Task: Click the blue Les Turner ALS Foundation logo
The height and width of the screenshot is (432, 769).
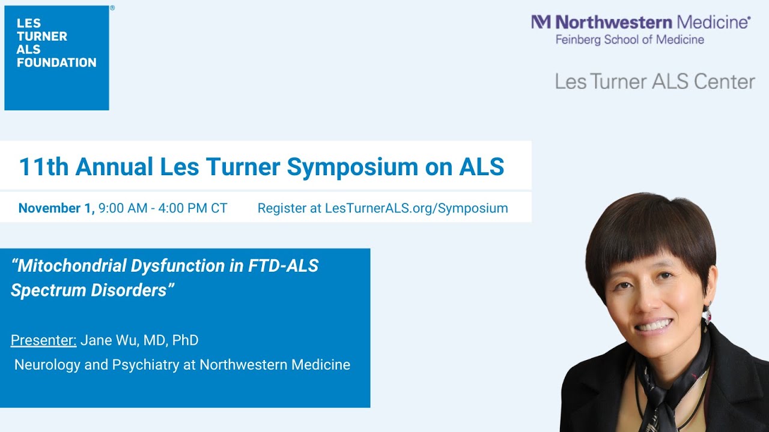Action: pos(56,58)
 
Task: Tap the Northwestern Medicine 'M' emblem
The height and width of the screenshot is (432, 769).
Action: pos(541,23)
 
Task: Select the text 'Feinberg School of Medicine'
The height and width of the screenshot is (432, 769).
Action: pos(630,40)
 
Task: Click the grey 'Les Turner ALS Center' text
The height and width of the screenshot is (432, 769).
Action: pos(655,82)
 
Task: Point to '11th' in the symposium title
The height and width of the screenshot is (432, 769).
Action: pos(44,167)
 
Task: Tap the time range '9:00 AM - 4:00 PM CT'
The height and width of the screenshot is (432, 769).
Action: pos(163,208)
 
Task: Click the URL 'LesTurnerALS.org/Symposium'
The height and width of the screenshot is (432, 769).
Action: pos(416,208)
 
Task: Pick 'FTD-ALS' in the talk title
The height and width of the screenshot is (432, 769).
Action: pos(283,266)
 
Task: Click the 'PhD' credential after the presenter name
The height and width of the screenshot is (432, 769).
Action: pos(185,341)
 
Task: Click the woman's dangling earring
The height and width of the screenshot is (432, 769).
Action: pos(707,313)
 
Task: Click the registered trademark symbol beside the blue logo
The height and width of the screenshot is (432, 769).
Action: pos(112,8)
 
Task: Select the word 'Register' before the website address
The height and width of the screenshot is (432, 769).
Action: pos(282,208)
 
